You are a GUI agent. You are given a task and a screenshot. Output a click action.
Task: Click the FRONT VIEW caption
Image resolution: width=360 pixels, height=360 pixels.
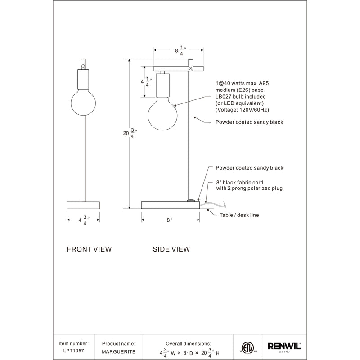click(89, 249)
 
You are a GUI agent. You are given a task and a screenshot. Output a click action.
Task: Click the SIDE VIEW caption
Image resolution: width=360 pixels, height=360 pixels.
click(171, 249)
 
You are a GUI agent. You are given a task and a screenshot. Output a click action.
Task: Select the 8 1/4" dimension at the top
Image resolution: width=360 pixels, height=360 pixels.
click(179, 51)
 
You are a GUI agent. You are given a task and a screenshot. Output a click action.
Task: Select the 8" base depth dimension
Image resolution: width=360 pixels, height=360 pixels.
click(170, 220)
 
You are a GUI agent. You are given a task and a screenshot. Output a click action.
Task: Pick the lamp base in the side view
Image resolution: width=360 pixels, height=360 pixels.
click(170, 205)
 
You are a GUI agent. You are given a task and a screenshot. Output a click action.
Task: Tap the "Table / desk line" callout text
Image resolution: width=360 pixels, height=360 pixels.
click(239, 215)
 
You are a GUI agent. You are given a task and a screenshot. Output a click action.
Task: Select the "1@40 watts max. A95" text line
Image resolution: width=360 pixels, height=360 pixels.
click(243, 83)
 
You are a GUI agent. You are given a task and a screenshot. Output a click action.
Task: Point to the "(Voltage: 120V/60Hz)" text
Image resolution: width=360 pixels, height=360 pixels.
click(243, 110)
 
